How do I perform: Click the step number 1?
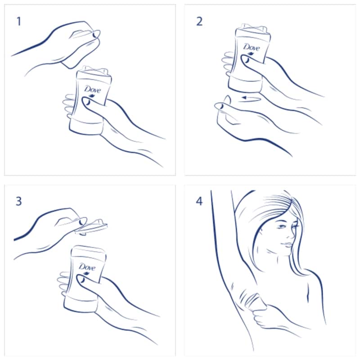coord(19,22)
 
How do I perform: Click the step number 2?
coord(199,22)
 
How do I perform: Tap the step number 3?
coord(19,201)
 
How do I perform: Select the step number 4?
coord(199,201)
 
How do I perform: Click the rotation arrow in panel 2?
coord(251,99)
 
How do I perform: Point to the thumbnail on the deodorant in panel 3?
coord(81,279)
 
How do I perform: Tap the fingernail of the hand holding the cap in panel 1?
coord(95,35)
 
